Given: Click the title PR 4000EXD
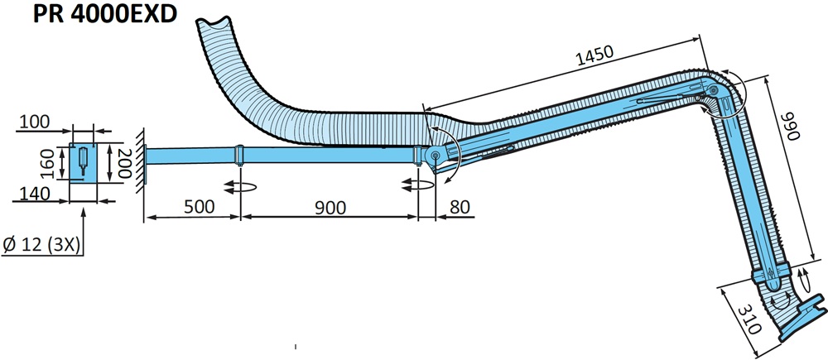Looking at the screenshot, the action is tap(104, 14).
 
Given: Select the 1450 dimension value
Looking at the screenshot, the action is tap(594, 55).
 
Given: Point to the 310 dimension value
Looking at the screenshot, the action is tap(749, 319).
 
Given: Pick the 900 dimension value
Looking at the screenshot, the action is tap(330, 208).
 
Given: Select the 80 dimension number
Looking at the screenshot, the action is tap(459, 207).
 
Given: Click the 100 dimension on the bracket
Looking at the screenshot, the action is tap(34, 122).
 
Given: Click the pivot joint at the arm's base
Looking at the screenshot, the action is tap(436, 155).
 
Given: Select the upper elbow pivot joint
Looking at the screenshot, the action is tap(714, 90).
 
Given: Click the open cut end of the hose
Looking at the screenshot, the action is tap(214, 23).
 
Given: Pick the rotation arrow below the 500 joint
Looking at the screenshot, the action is tap(239, 186).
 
